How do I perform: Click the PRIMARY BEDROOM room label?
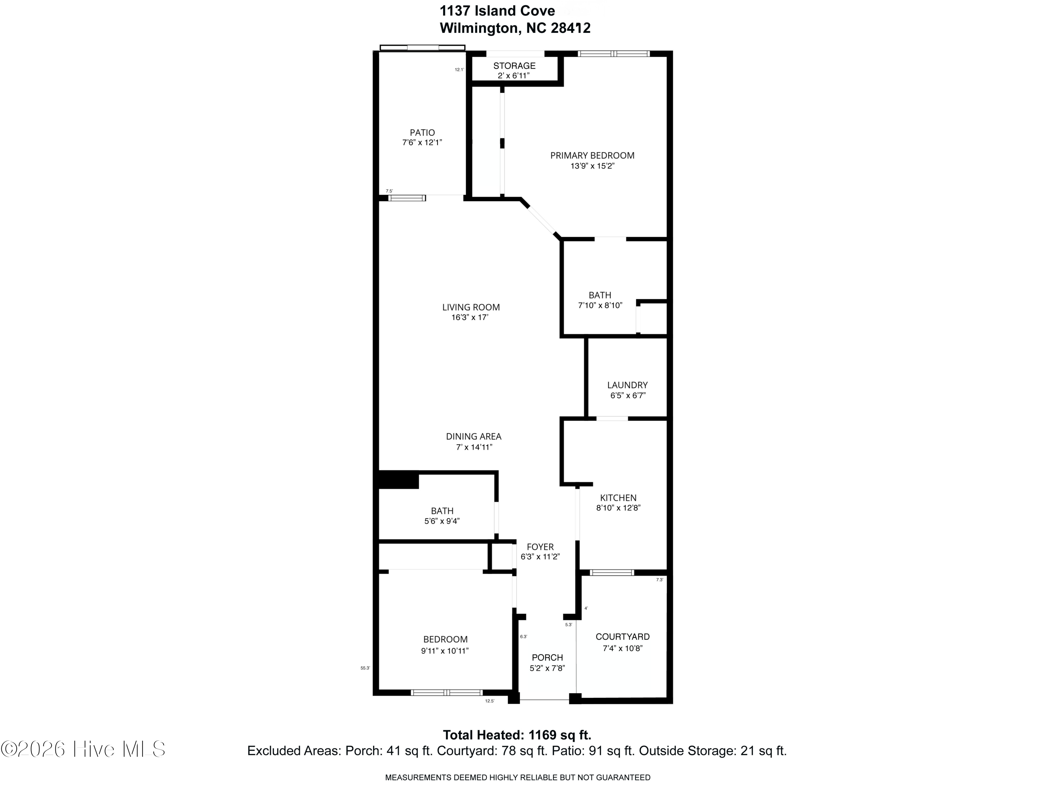click(592, 155)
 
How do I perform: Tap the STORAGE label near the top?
click(514, 66)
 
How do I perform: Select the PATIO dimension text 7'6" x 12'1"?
click(422, 142)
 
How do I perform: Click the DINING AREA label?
click(473, 436)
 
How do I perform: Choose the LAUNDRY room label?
click(627, 385)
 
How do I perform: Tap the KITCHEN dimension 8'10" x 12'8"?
click(618, 508)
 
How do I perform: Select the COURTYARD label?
click(622, 637)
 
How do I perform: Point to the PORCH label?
click(547, 658)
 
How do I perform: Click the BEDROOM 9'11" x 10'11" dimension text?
click(445, 651)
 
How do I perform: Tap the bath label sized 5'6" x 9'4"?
click(442, 511)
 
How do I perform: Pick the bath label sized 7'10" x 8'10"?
click(600, 295)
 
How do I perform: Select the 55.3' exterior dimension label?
click(365, 668)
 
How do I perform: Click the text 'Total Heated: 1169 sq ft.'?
click(517, 735)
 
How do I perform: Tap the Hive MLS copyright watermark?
click(83, 749)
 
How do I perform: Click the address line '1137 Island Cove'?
click(497, 10)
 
